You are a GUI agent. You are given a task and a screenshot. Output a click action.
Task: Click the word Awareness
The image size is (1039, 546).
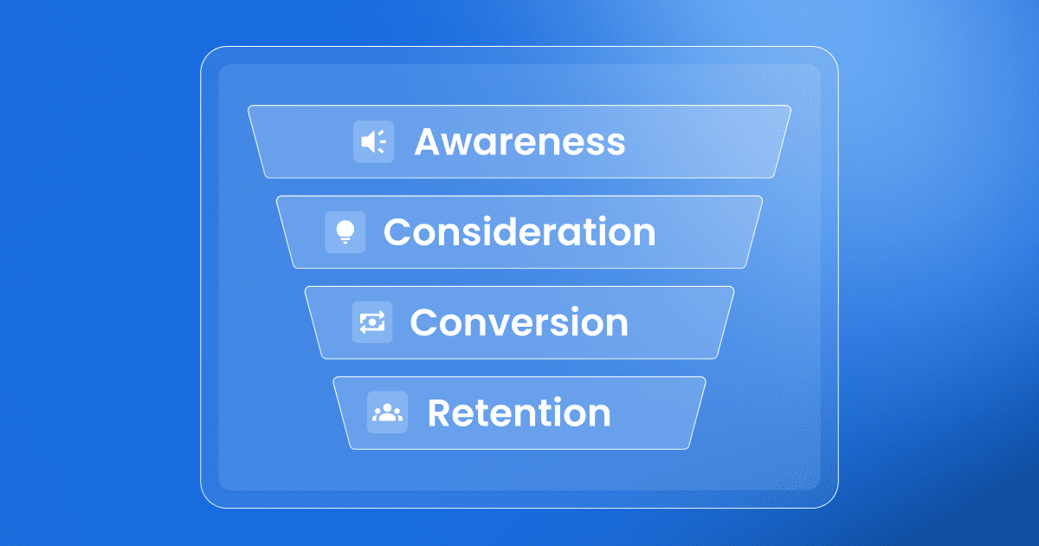click(519, 141)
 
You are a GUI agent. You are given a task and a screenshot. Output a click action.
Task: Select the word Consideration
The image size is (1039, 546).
click(519, 231)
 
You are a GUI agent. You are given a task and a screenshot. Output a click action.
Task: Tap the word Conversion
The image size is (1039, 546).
click(519, 322)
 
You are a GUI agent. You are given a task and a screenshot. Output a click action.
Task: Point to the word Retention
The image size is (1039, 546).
click(519, 413)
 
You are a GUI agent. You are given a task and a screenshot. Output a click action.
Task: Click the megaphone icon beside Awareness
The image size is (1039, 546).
click(373, 141)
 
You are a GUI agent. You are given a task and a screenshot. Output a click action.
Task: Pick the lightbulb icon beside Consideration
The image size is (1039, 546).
click(345, 232)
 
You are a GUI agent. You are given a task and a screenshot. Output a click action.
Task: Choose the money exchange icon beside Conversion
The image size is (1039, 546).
click(372, 322)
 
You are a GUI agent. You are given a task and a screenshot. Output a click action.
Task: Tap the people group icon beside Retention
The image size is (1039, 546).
click(387, 413)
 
